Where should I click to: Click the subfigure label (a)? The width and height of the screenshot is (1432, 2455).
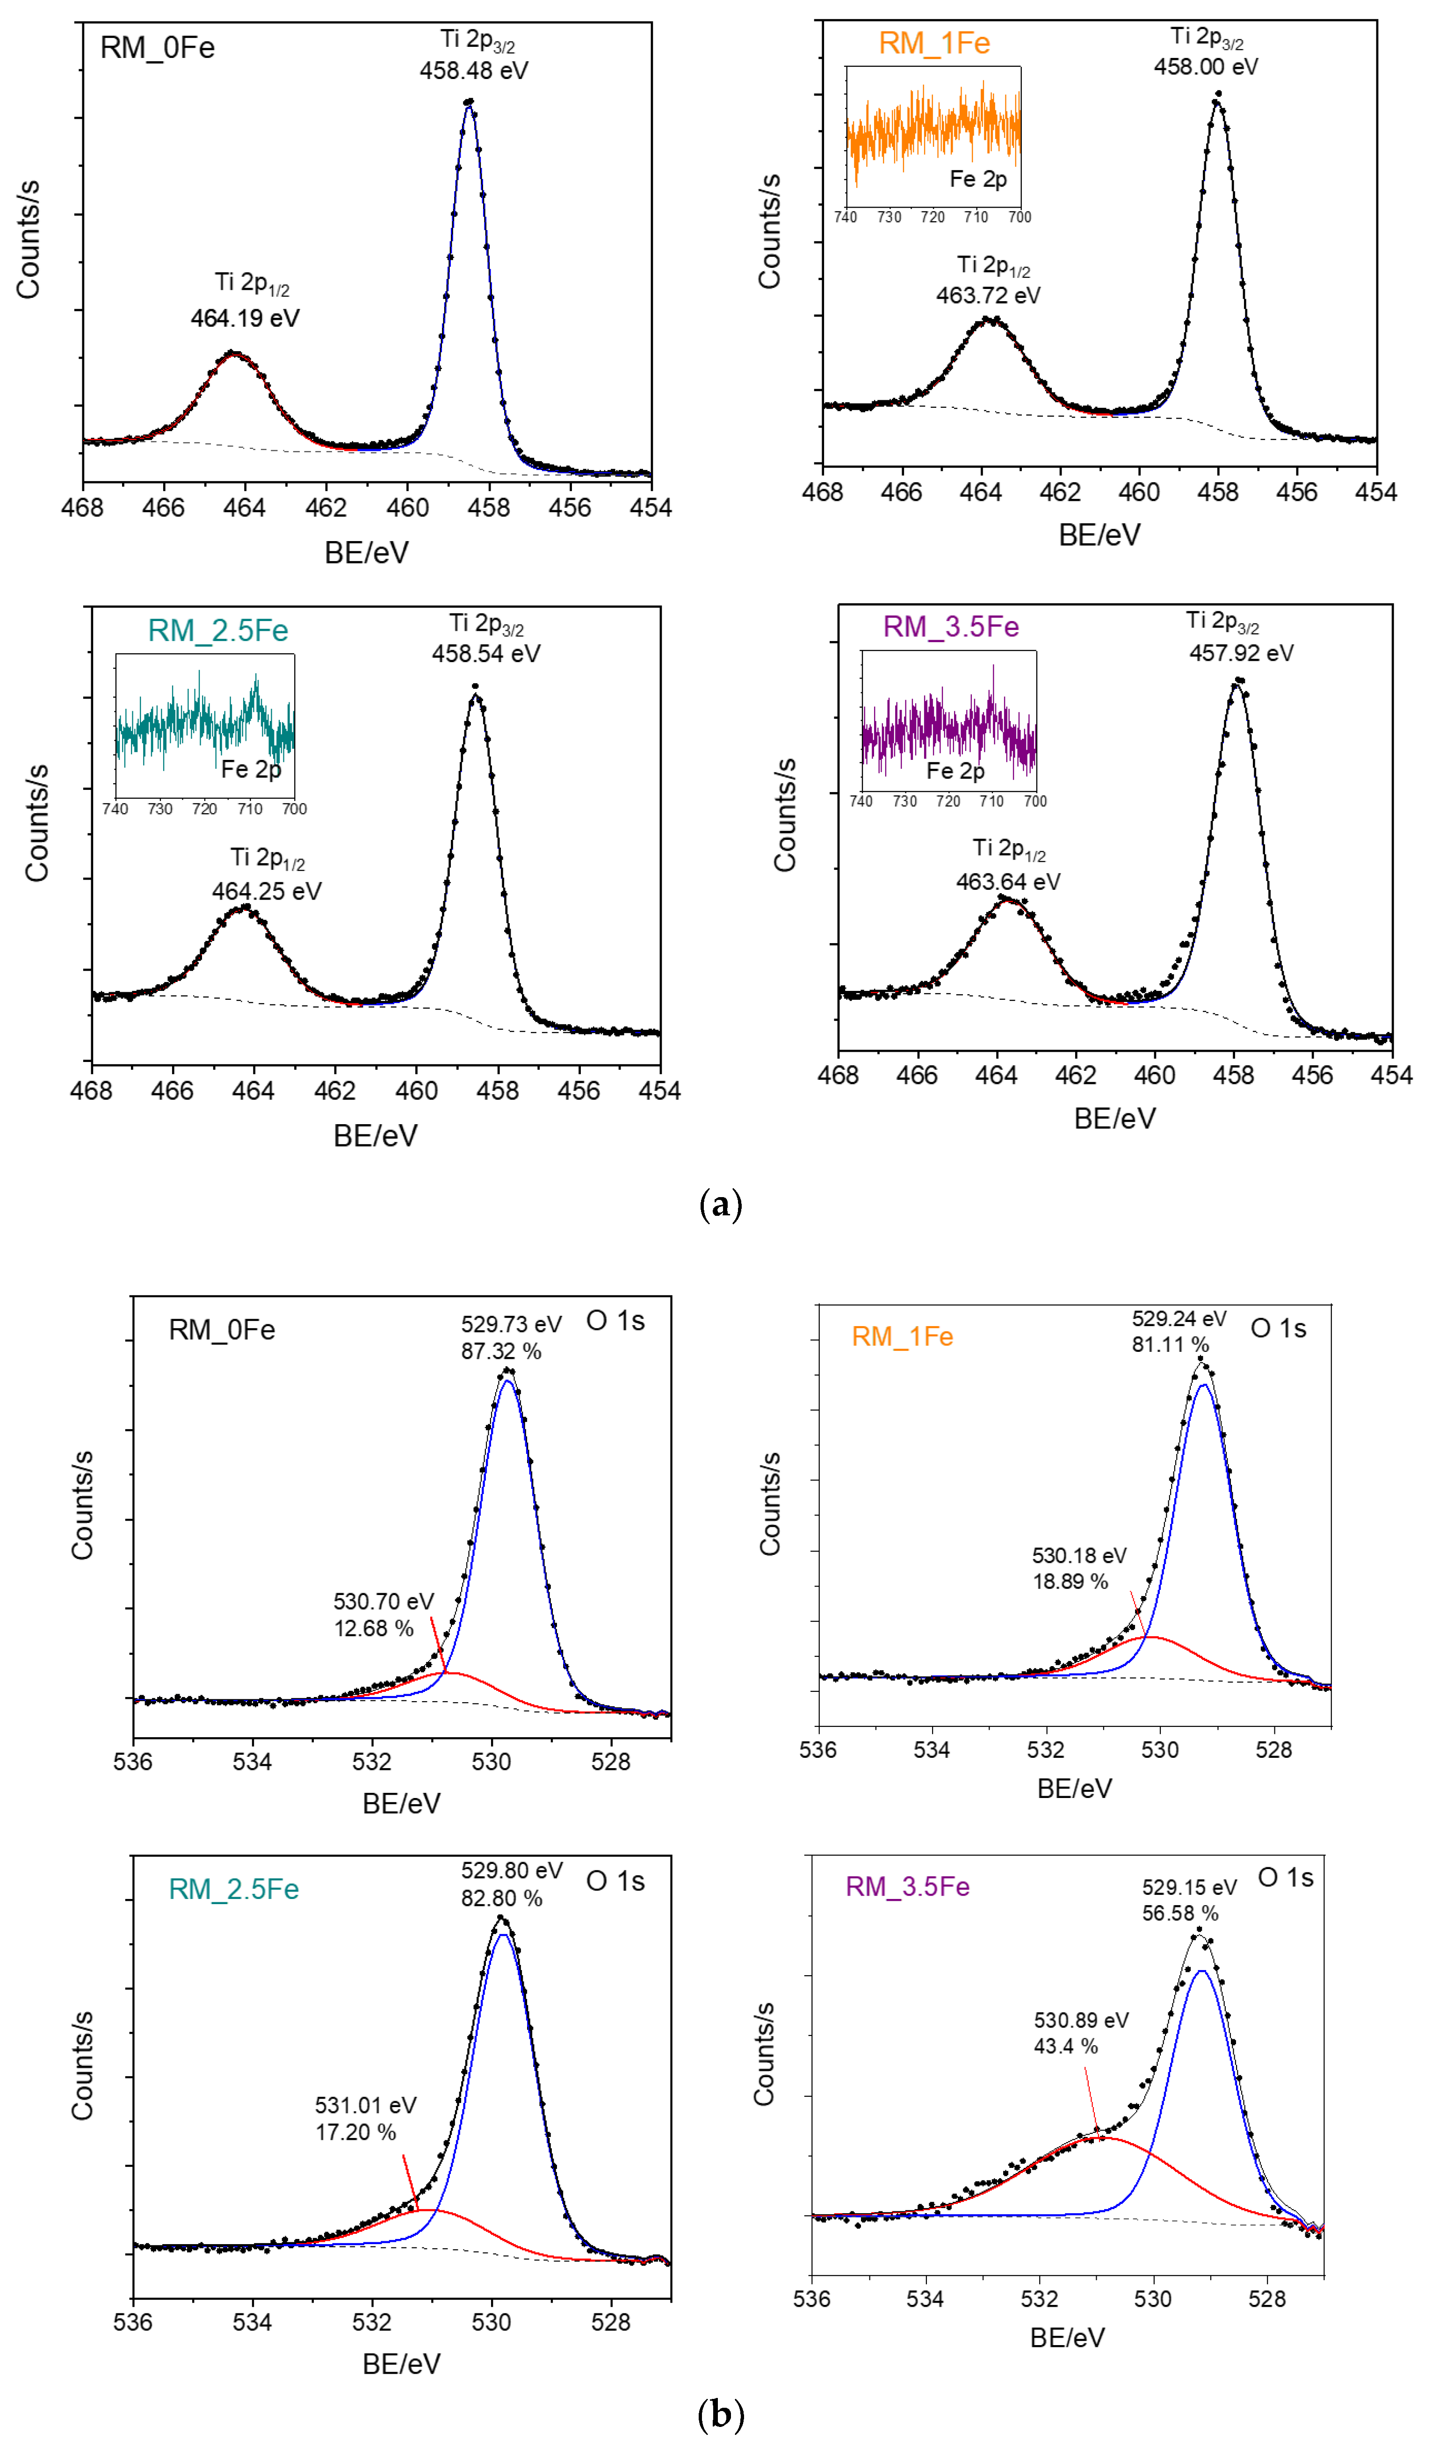(x=721, y=1205)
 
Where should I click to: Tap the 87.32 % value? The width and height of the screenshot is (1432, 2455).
(x=501, y=1351)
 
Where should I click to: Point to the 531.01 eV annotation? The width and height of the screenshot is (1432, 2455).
(x=365, y=2105)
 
